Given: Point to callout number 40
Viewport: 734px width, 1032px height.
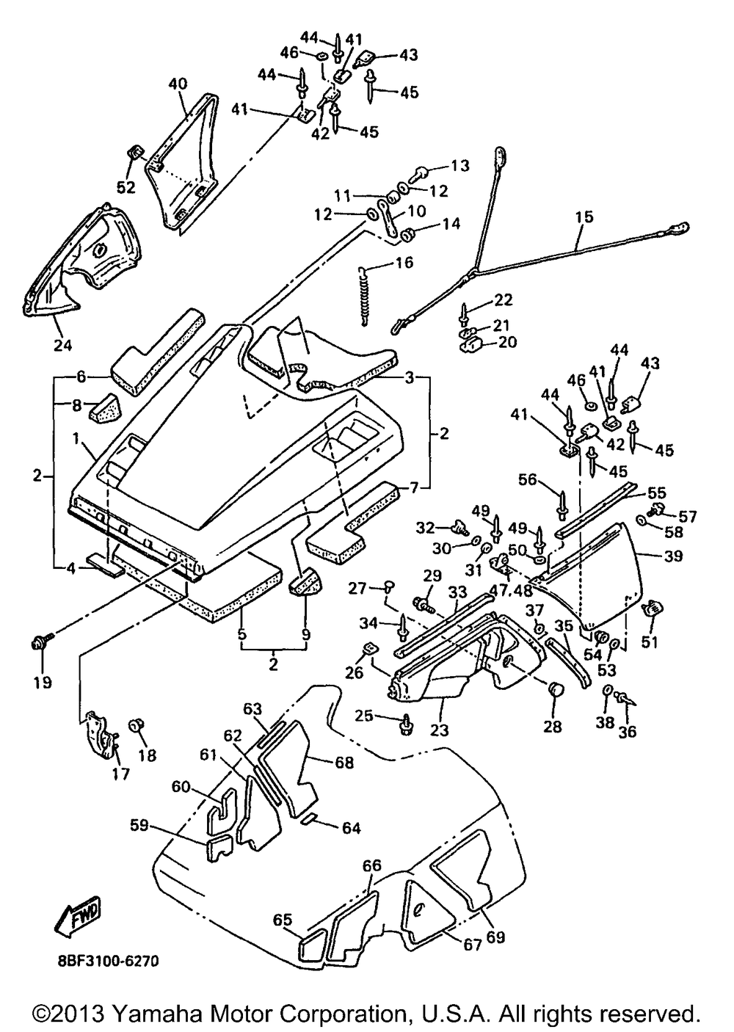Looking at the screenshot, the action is [x=178, y=84].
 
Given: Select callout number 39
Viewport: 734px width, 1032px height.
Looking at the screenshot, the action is [x=673, y=556].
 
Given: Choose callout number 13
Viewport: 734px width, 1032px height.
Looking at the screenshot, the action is [x=459, y=165].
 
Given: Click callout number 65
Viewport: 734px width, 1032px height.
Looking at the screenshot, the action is [x=283, y=920].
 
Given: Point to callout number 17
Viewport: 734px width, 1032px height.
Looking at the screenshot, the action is [x=122, y=773].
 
